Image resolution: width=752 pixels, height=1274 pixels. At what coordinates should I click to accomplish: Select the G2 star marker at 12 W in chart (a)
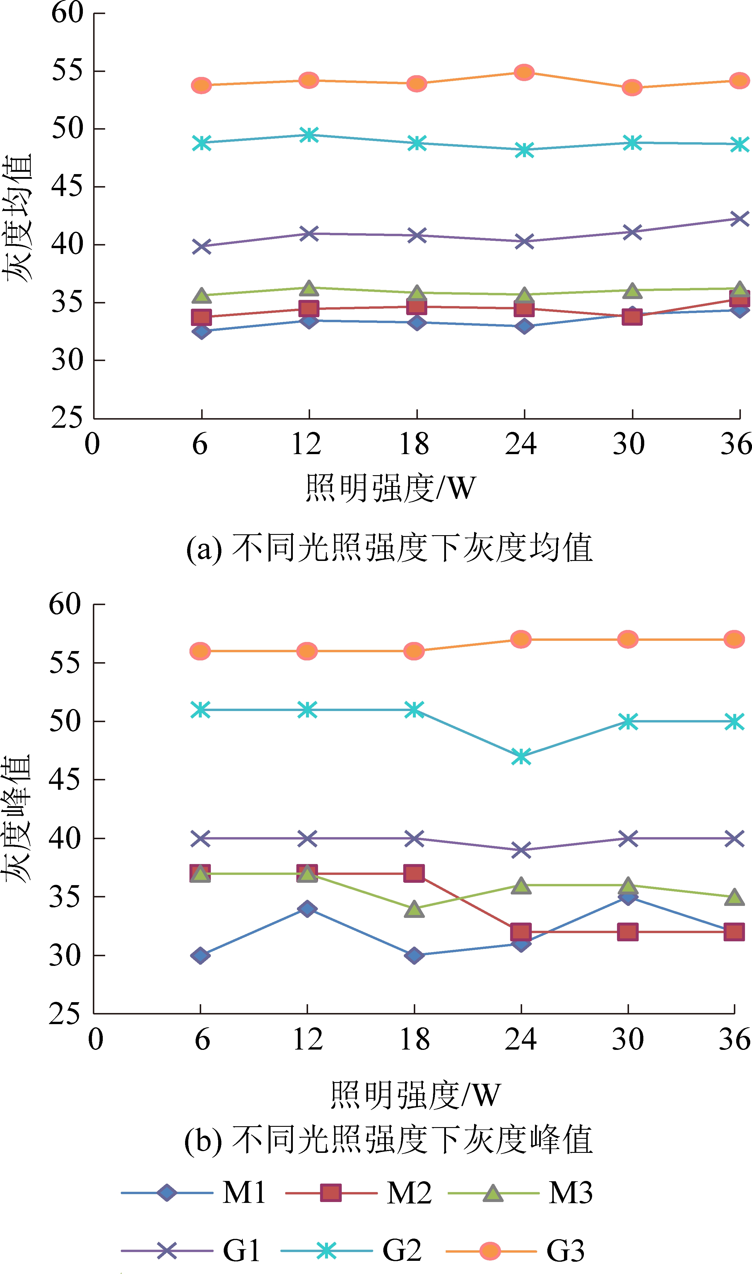pyautogui.click(x=309, y=135)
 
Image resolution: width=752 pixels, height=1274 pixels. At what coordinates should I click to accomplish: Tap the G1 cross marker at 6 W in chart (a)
pyautogui.click(x=202, y=247)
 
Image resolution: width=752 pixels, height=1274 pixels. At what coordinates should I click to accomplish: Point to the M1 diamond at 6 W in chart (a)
pyautogui.click(x=202, y=332)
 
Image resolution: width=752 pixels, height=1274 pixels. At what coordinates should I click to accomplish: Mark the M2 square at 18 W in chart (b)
pyautogui.click(x=414, y=873)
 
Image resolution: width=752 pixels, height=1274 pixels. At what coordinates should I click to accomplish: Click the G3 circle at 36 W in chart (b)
pyautogui.click(x=734, y=640)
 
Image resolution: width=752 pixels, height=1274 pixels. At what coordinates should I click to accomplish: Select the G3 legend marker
pyautogui.click(x=490, y=1251)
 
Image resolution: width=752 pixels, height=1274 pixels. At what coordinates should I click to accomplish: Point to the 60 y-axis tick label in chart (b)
pyautogui.click(x=65, y=604)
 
